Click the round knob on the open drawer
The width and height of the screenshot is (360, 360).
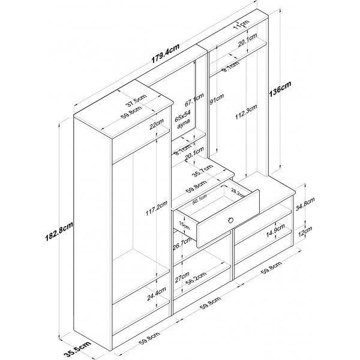230,222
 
